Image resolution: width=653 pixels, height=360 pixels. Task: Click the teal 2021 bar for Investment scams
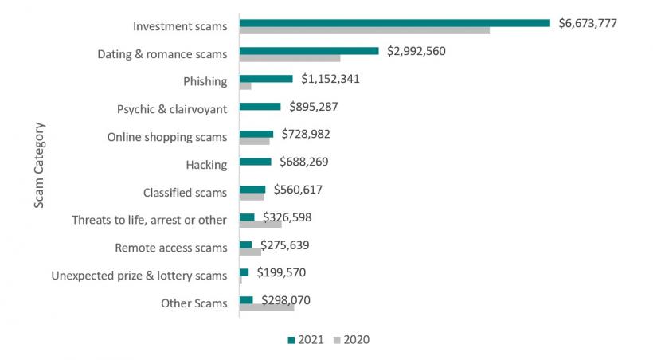[x=394, y=23]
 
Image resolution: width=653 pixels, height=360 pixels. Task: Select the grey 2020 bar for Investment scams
[x=364, y=30]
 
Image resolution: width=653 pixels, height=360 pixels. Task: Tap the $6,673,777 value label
[x=588, y=23]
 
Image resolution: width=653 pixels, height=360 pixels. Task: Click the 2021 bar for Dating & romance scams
[x=309, y=51]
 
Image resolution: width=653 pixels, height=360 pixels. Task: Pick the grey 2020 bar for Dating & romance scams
[x=290, y=58]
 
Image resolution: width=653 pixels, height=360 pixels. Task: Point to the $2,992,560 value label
[x=416, y=51]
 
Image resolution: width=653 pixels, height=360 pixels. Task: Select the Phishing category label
[x=205, y=81]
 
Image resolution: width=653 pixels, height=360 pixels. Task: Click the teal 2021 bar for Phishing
[x=266, y=78]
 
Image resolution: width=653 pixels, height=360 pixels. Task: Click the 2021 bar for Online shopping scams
[x=256, y=134]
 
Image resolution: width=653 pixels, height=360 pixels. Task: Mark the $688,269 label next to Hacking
[x=303, y=162]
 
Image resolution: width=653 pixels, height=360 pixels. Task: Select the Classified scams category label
[x=185, y=192]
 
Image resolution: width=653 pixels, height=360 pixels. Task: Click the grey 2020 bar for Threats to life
[x=260, y=225]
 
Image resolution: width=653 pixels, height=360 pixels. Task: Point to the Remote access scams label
[x=171, y=248]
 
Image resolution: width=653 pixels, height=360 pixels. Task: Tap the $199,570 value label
[x=281, y=272]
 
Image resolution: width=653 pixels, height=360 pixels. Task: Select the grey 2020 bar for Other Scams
[x=267, y=307]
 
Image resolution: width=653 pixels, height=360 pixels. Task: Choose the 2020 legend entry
[x=350, y=340]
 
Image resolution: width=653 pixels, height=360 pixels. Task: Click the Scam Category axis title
[x=39, y=165]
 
